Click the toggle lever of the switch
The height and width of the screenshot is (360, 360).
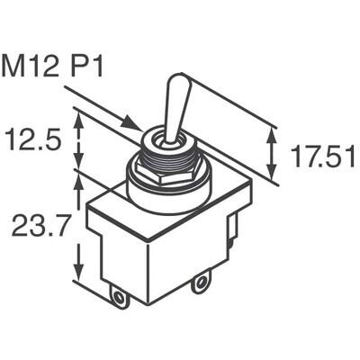tap(173, 108)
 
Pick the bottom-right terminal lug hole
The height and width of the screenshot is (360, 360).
tap(200, 284)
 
